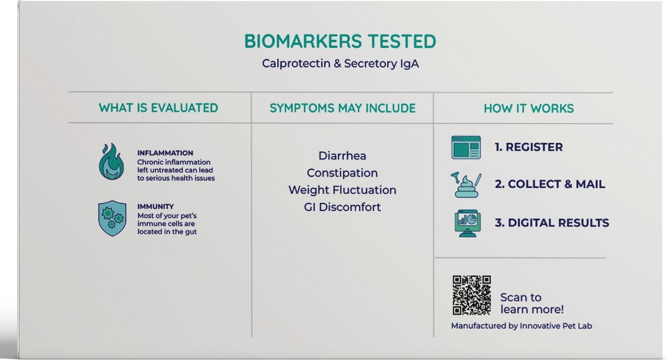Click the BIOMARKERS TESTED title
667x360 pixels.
coord(340,41)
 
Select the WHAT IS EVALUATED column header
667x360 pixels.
coord(158,108)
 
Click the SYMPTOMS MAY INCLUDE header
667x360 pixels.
coord(342,108)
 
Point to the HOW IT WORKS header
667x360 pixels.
coord(529,108)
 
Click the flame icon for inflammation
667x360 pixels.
coord(112,162)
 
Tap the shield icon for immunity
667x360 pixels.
coord(112,218)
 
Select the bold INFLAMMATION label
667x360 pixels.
coord(165,153)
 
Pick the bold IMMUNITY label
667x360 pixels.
coord(156,207)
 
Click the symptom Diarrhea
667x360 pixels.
coord(342,156)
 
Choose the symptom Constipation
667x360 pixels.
coord(342,173)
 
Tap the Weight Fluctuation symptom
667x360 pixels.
coord(342,190)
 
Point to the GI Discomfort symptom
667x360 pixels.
coord(342,207)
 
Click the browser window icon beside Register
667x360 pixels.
coord(466,148)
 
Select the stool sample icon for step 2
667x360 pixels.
coord(466,185)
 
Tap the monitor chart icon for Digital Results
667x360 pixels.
coord(467,223)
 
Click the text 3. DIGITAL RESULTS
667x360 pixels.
coord(552,223)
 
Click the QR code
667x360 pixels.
coord(472,295)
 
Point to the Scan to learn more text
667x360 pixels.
coord(532,303)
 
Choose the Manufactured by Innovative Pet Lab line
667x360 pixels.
coord(521,326)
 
